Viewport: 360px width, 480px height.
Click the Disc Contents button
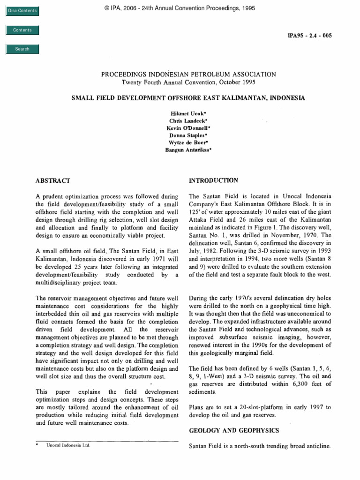point(22,11)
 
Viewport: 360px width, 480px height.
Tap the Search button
point(22,49)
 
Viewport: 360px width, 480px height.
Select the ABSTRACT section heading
point(53,180)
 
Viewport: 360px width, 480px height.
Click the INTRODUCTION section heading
point(213,180)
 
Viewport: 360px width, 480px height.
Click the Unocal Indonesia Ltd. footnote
point(67,446)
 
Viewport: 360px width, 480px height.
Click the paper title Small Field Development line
point(188,98)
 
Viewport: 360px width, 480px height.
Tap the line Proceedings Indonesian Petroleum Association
point(188,74)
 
